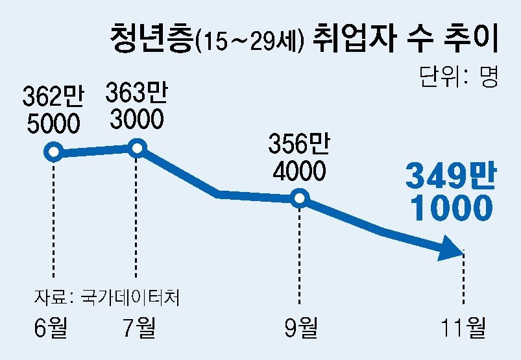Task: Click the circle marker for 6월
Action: (53, 152)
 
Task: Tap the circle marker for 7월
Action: (137, 148)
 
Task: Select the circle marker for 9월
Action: (298, 198)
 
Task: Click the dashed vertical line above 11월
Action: (464, 279)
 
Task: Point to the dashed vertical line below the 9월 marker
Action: (299, 253)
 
